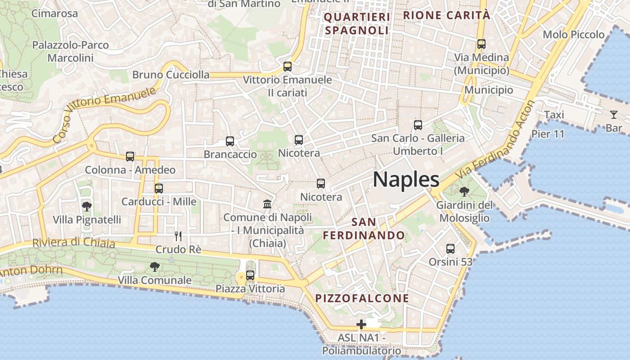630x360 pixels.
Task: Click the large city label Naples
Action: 406,180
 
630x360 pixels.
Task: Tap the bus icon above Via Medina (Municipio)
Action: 481,44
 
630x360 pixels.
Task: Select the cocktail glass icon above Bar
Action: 614,114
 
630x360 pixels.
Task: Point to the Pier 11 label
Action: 548,134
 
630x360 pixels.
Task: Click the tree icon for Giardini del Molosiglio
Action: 464,192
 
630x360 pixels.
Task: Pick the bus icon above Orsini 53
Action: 450,248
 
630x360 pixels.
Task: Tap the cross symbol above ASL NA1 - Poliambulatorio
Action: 361,324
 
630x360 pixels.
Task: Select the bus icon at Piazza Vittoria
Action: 250,275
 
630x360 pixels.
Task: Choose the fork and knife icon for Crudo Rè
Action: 178,236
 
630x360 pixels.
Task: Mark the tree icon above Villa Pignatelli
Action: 87,207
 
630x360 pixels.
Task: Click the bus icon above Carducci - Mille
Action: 159,188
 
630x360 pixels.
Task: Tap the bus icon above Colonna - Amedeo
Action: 130,157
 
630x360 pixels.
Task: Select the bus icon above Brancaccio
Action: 230,141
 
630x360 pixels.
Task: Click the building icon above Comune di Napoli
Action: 267,204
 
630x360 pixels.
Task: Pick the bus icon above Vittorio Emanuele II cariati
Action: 288,67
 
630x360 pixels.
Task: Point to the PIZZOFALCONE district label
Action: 362,298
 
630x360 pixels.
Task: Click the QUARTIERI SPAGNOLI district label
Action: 356,24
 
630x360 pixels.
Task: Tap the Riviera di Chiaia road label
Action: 74,243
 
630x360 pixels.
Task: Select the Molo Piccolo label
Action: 574,35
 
